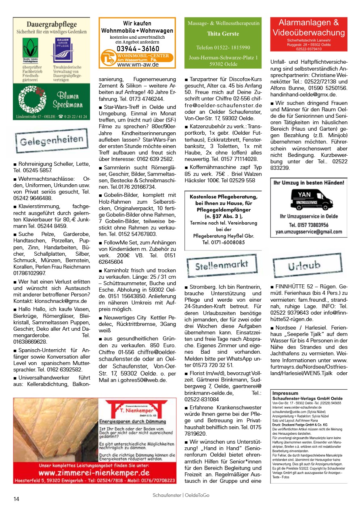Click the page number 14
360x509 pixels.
(16, 499)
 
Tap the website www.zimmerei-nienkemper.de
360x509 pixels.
(94, 472)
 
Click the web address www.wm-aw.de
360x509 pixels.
(138, 65)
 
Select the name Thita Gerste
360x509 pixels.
(223, 34)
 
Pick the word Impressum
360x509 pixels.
(285, 393)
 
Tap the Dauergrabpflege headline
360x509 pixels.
(51, 24)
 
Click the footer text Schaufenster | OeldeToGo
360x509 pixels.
(181, 495)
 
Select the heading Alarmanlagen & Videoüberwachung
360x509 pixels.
(309, 28)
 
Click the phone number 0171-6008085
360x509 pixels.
(223, 242)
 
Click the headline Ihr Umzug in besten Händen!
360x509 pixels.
(309, 183)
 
